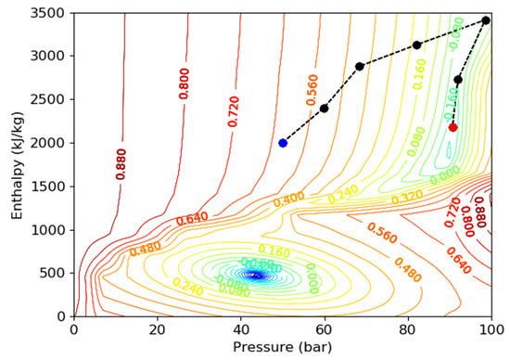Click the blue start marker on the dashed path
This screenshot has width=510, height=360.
click(283, 143)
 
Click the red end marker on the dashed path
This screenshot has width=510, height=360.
click(453, 127)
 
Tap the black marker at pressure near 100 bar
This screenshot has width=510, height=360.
click(486, 20)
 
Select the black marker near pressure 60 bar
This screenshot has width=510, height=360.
click(325, 109)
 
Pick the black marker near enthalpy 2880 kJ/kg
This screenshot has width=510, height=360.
click(360, 66)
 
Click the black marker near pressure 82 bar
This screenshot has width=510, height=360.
click(417, 45)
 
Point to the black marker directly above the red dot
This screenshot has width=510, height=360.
click(458, 80)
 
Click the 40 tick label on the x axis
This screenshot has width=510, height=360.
click(240, 328)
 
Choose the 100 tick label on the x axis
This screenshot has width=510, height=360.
click(490, 328)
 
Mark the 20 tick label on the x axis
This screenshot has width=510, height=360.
click(157, 328)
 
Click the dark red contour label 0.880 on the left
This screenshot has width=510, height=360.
click(121, 162)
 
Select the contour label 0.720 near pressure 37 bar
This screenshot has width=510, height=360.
click(234, 109)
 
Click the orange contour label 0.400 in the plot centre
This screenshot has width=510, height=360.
click(288, 199)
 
